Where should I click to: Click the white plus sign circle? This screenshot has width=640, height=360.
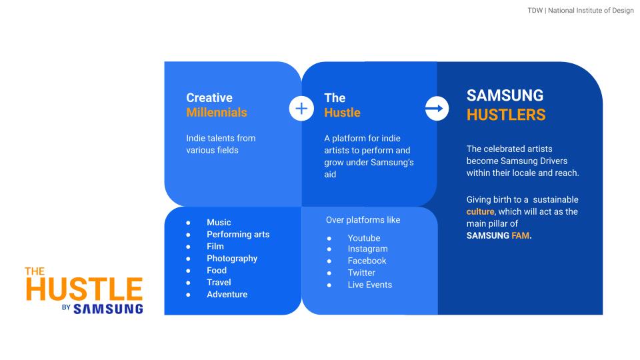click(x=301, y=109)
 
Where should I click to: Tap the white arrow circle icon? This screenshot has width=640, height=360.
click(x=437, y=109)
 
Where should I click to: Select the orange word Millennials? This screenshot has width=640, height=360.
click(x=216, y=112)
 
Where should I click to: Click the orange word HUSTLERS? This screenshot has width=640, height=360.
click(x=506, y=115)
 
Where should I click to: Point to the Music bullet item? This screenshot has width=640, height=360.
click(x=219, y=223)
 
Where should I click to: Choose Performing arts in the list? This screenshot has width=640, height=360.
click(x=238, y=234)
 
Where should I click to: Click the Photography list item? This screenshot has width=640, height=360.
click(x=232, y=259)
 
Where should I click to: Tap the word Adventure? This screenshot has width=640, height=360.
click(x=227, y=294)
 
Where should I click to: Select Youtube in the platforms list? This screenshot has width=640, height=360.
click(x=364, y=238)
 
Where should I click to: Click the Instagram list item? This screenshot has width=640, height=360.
click(x=367, y=249)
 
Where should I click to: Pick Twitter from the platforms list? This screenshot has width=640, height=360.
click(x=361, y=273)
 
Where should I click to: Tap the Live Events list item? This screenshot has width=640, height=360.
click(x=370, y=285)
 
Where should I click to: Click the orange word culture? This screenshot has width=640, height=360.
click(x=480, y=211)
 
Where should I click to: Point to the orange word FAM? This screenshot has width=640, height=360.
click(x=521, y=235)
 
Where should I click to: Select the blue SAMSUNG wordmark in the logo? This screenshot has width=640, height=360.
click(x=108, y=309)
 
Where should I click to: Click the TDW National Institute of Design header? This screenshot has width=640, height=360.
click(x=581, y=10)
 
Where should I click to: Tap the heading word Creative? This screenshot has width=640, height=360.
click(x=209, y=98)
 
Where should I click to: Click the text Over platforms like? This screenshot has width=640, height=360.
click(x=363, y=220)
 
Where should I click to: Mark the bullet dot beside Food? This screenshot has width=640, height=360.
click(x=188, y=271)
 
